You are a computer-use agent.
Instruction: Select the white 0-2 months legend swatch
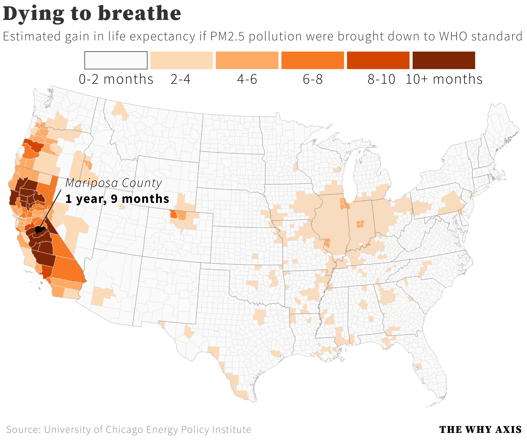[116, 60]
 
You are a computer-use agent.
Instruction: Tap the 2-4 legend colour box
[181, 60]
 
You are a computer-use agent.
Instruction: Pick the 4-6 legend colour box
[247, 60]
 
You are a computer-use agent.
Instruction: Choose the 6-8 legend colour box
[312, 60]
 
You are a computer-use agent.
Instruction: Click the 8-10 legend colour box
[378, 60]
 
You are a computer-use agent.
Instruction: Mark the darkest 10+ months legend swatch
[444, 60]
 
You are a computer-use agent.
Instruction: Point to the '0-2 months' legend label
[116, 79]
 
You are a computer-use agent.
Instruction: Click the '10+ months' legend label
[444, 79]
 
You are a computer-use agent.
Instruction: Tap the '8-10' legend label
[381, 79]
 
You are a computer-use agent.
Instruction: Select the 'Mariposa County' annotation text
[113, 183]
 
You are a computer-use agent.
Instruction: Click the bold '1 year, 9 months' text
[117, 199]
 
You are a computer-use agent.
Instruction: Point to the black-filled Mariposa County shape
[39, 230]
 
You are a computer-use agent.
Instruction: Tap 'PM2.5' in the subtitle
[228, 36]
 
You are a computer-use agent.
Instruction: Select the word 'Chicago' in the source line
[124, 429]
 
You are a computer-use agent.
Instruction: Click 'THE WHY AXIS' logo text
[480, 429]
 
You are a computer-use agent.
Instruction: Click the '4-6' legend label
[247, 79]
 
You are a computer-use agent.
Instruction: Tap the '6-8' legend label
[313, 79]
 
